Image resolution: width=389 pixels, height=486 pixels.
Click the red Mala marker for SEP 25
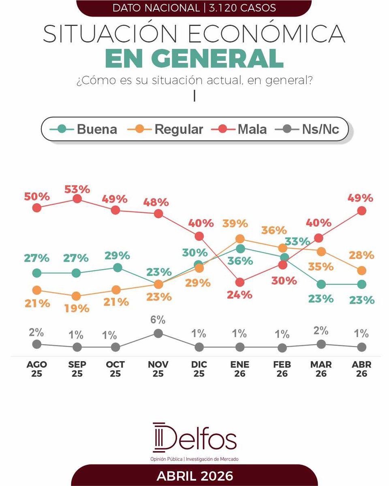[77, 199]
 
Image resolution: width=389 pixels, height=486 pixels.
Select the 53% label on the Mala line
[77, 189]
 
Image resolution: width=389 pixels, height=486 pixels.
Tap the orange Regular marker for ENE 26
[240, 239]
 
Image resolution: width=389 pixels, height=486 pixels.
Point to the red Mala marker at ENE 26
[240, 282]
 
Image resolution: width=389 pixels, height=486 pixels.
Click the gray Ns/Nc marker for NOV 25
[158, 333]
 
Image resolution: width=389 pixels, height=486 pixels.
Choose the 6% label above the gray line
[158, 320]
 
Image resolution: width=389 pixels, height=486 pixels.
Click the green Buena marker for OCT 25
[117, 268]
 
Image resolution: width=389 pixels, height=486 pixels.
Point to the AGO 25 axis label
[36, 369]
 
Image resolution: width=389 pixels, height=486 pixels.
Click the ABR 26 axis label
[361, 369]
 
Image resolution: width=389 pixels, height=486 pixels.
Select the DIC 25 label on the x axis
[199, 369]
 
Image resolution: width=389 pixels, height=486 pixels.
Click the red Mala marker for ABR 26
[362, 211]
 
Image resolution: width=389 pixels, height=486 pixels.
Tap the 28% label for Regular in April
[362, 256]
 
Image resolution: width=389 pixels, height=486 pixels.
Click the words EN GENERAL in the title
[194, 59]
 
